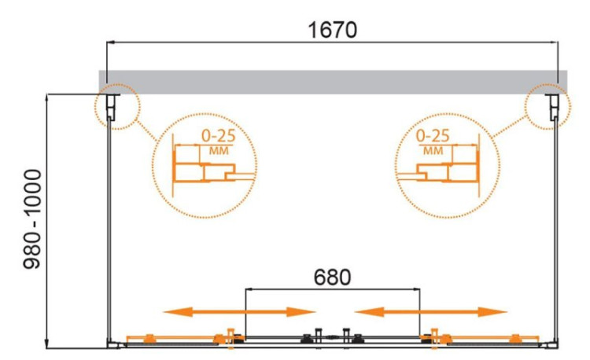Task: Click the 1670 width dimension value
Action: (332, 30)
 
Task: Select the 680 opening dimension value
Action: (332, 277)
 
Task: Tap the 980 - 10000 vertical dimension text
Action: (32, 219)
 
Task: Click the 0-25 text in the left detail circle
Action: (218, 136)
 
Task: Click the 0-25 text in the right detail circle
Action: (433, 136)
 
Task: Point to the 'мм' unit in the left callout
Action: (219, 151)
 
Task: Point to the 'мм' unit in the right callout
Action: (433, 151)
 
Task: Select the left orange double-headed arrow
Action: (239, 312)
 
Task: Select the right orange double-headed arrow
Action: (430, 312)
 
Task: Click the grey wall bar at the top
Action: (333, 82)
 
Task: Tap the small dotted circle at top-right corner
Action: (548, 107)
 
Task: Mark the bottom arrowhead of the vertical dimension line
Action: (46, 344)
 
